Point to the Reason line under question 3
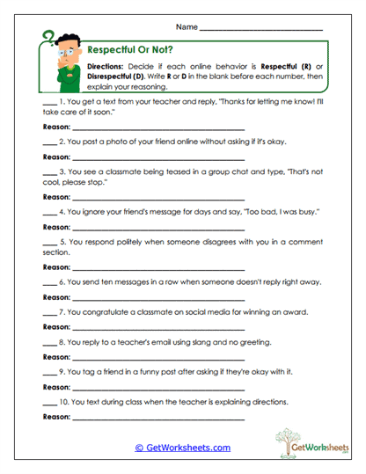coord(158,197)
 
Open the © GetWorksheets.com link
coord(182,448)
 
